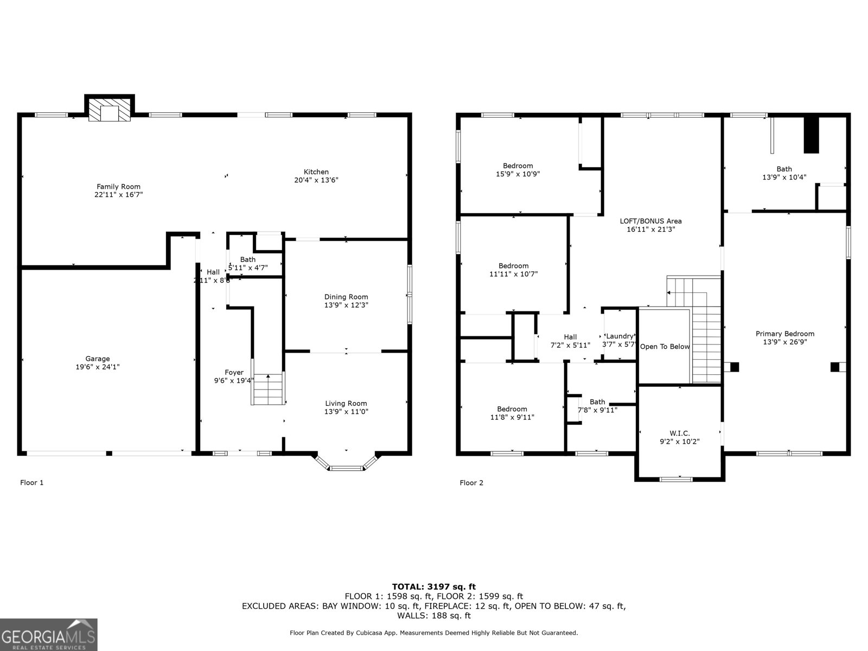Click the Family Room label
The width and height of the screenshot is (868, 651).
(118, 187)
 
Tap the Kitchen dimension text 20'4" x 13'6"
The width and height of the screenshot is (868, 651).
(316, 180)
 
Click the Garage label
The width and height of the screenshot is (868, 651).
(98, 359)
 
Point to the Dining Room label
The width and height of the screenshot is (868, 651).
(346, 297)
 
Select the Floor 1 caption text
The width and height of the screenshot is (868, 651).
(31, 483)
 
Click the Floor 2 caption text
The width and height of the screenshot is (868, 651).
(471, 483)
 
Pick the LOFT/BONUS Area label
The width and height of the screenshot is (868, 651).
(650, 221)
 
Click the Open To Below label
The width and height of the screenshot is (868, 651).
(665, 347)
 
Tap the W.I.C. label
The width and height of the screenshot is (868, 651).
(679, 433)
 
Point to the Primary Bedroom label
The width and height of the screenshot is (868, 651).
(784, 334)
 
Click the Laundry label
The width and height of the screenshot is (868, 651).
(620, 336)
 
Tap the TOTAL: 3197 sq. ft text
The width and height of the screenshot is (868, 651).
(433, 586)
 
